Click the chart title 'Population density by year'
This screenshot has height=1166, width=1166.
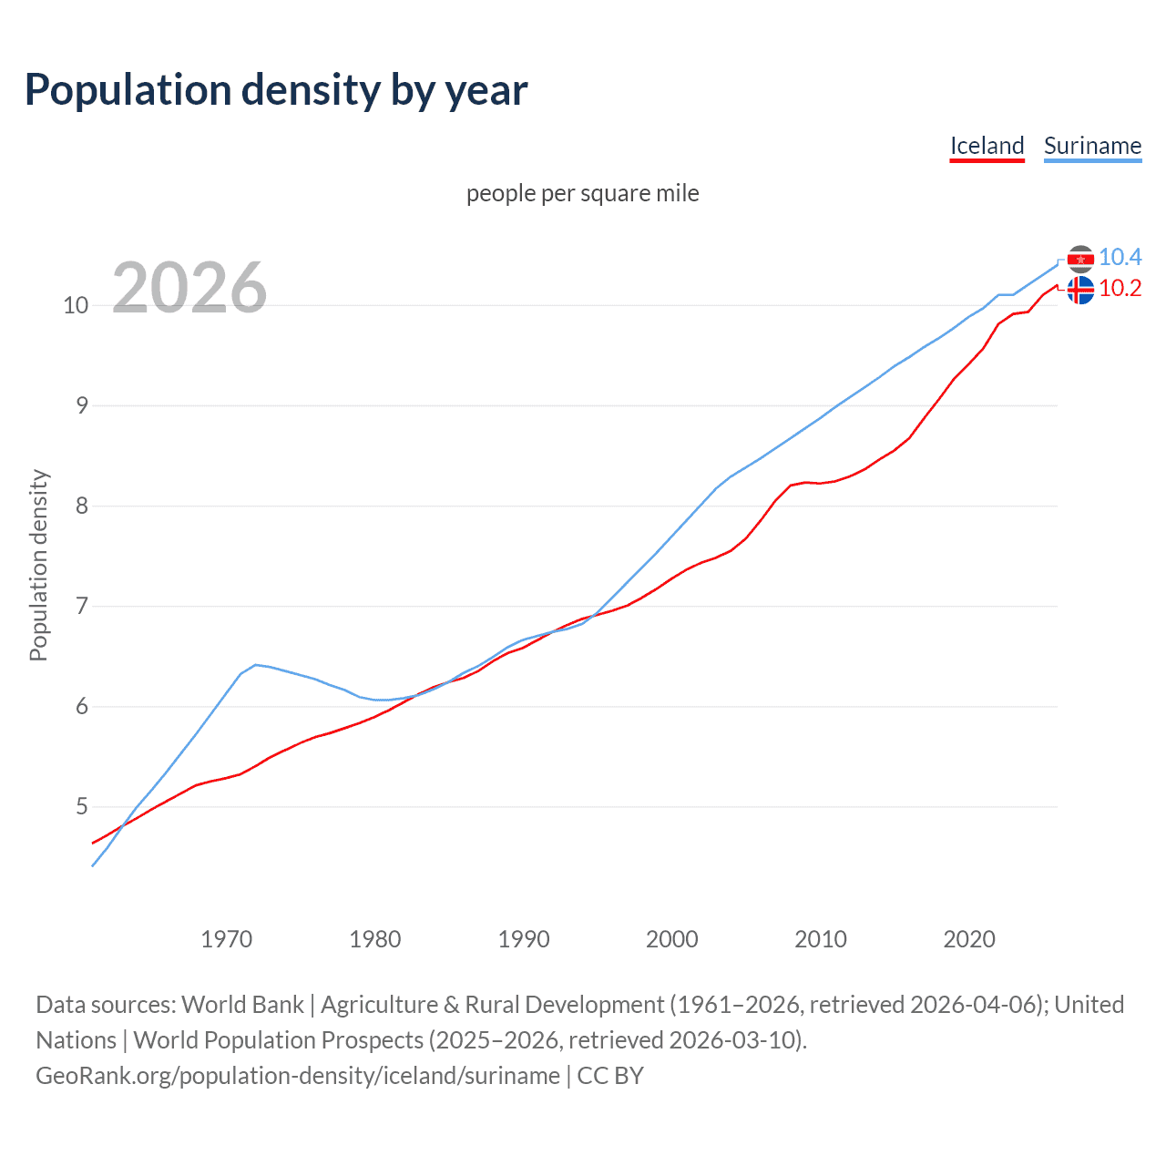276,90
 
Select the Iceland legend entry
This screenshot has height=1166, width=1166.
987,146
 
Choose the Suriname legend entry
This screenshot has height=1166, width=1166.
1092,146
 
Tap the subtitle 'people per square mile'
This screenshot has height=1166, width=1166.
583,194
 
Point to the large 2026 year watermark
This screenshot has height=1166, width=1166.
189,288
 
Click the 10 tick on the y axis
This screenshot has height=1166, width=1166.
76,305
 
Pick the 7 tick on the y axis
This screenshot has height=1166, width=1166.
82,606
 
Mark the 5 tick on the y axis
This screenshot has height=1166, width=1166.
82,807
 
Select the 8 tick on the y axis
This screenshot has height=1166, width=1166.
82,506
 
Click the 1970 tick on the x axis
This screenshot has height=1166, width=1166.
227,939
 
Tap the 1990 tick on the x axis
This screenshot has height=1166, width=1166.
524,939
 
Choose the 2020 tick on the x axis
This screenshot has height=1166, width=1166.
969,939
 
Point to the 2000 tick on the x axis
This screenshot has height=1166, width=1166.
672,939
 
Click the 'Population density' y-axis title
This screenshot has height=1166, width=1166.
38,565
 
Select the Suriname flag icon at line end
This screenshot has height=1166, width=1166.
1080,260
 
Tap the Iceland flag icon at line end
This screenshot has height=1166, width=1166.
1080,291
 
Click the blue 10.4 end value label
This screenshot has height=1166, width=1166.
1120,258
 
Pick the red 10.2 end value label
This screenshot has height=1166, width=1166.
1120,289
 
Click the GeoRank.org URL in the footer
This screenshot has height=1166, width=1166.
298,1076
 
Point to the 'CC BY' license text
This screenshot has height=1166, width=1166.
610,1076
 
